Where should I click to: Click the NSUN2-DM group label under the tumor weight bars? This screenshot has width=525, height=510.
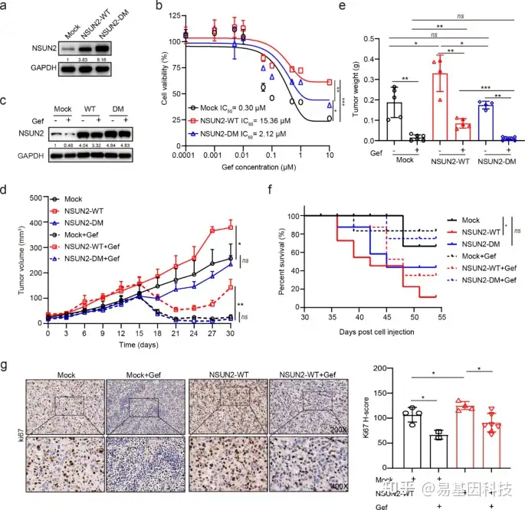(x=491, y=162)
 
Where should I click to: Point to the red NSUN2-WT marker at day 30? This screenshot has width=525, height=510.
(x=228, y=227)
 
